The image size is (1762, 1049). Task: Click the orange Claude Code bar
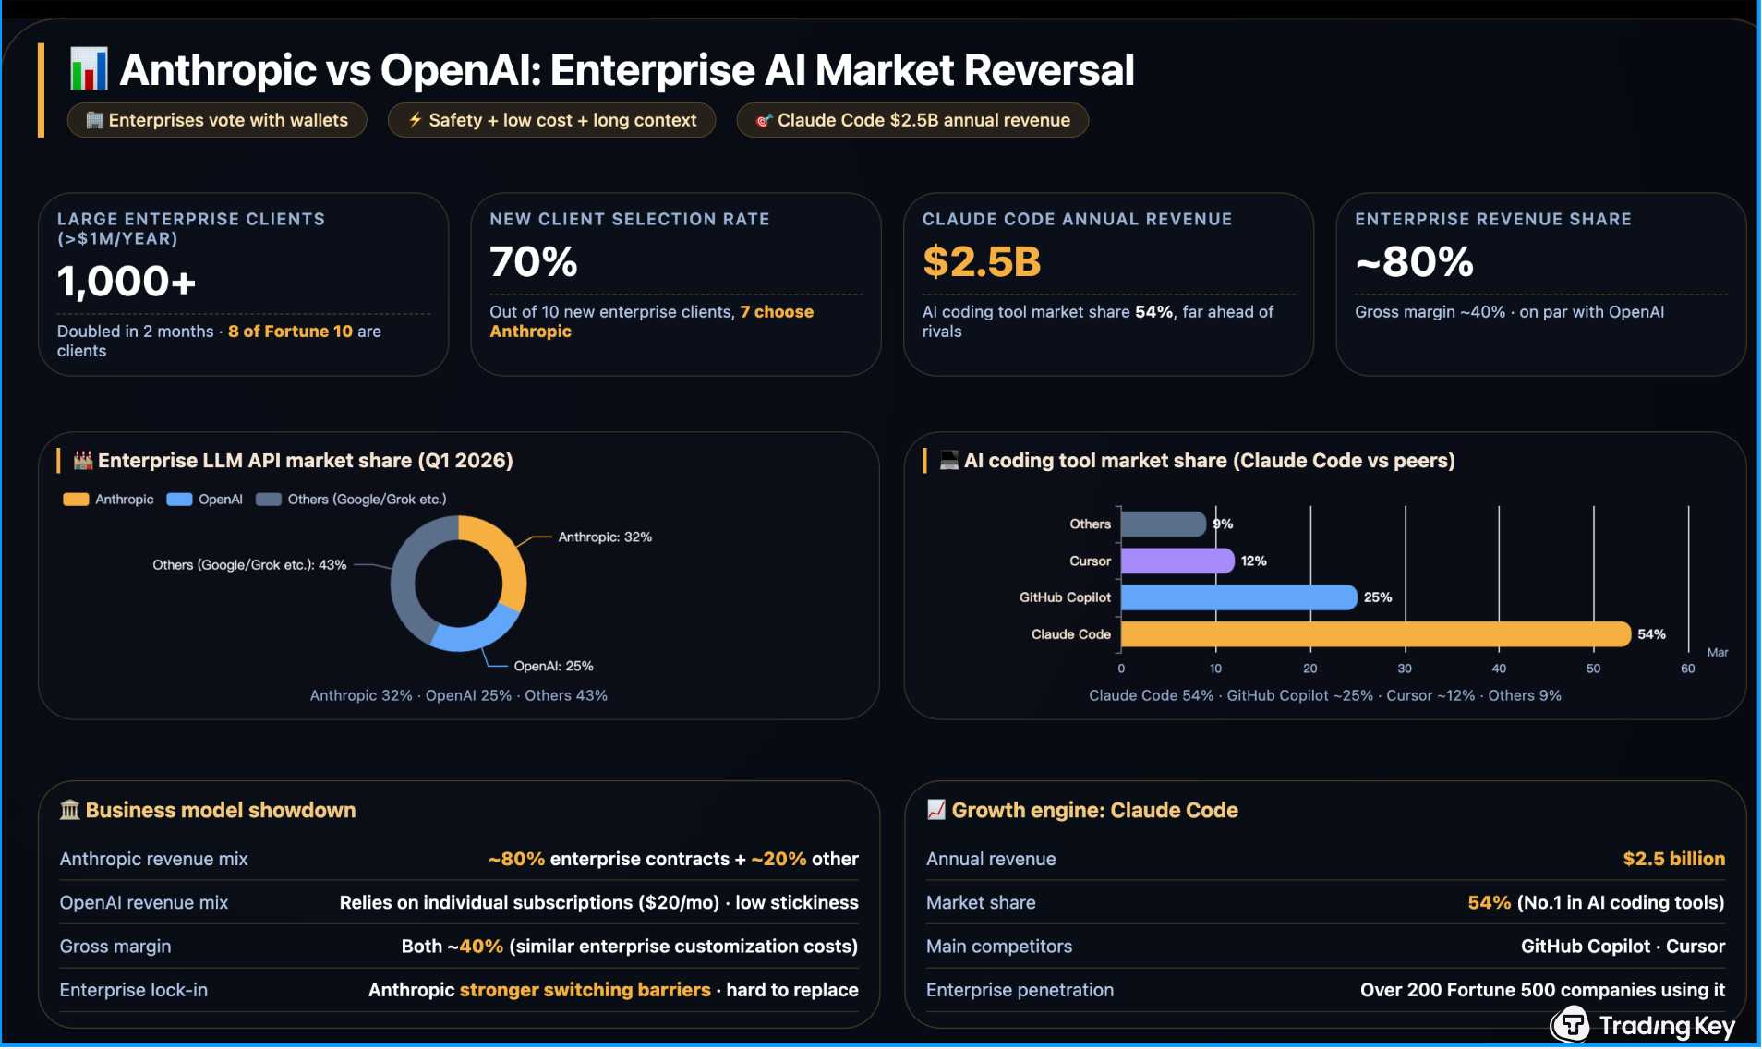point(1375,634)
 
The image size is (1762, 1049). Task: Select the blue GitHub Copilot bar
point(1238,597)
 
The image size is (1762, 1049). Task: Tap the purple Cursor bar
point(1177,561)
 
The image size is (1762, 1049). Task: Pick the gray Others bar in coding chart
point(1164,524)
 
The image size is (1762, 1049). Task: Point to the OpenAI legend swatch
point(179,500)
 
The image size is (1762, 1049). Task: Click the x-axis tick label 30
point(1405,669)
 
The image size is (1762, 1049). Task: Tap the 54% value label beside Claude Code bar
point(1651,634)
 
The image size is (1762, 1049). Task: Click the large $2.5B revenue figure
point(982,261)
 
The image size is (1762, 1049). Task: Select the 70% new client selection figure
point(534,261)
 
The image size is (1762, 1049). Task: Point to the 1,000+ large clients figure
point(127,281)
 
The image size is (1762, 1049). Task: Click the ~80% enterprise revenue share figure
point(1414,261)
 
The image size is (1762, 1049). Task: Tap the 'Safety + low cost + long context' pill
point(552,120)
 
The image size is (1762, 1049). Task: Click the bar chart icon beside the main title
point(89,69)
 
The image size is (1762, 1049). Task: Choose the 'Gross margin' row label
point(115,947)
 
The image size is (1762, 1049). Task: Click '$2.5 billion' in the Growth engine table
point(1673,859)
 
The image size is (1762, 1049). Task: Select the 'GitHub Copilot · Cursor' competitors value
point(1623,947)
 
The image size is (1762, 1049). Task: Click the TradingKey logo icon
point(1571,1024)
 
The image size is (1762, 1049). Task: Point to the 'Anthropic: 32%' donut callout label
point(605,537)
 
